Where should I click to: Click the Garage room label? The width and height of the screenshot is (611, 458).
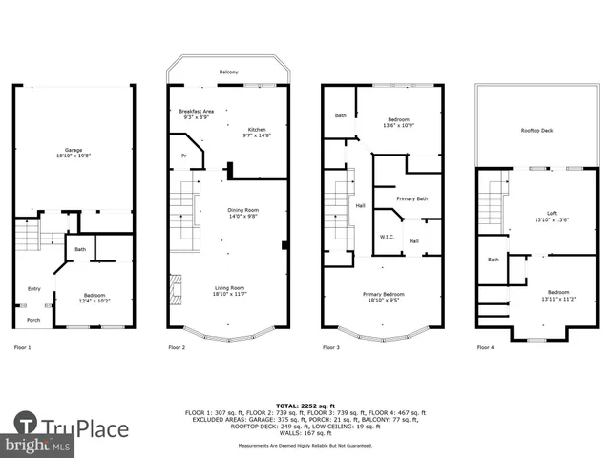click(x=74, y=150)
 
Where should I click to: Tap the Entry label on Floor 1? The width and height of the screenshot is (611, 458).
click(x=34, y=287)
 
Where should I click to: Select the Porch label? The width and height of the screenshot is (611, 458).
click(x=33, y=320)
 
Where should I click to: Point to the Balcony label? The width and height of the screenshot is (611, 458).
click(x=228, y=73)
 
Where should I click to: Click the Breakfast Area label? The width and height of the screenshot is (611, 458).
click(x=197, y=112)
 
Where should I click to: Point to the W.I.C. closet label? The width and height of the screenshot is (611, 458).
click(x=388, y=237)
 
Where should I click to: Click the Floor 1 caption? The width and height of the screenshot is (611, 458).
click(x=23, y=347)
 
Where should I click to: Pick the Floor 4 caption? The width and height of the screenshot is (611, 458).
click(x=485, y=347)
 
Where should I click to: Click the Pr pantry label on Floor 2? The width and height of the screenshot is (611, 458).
click(x=184, y=154)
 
